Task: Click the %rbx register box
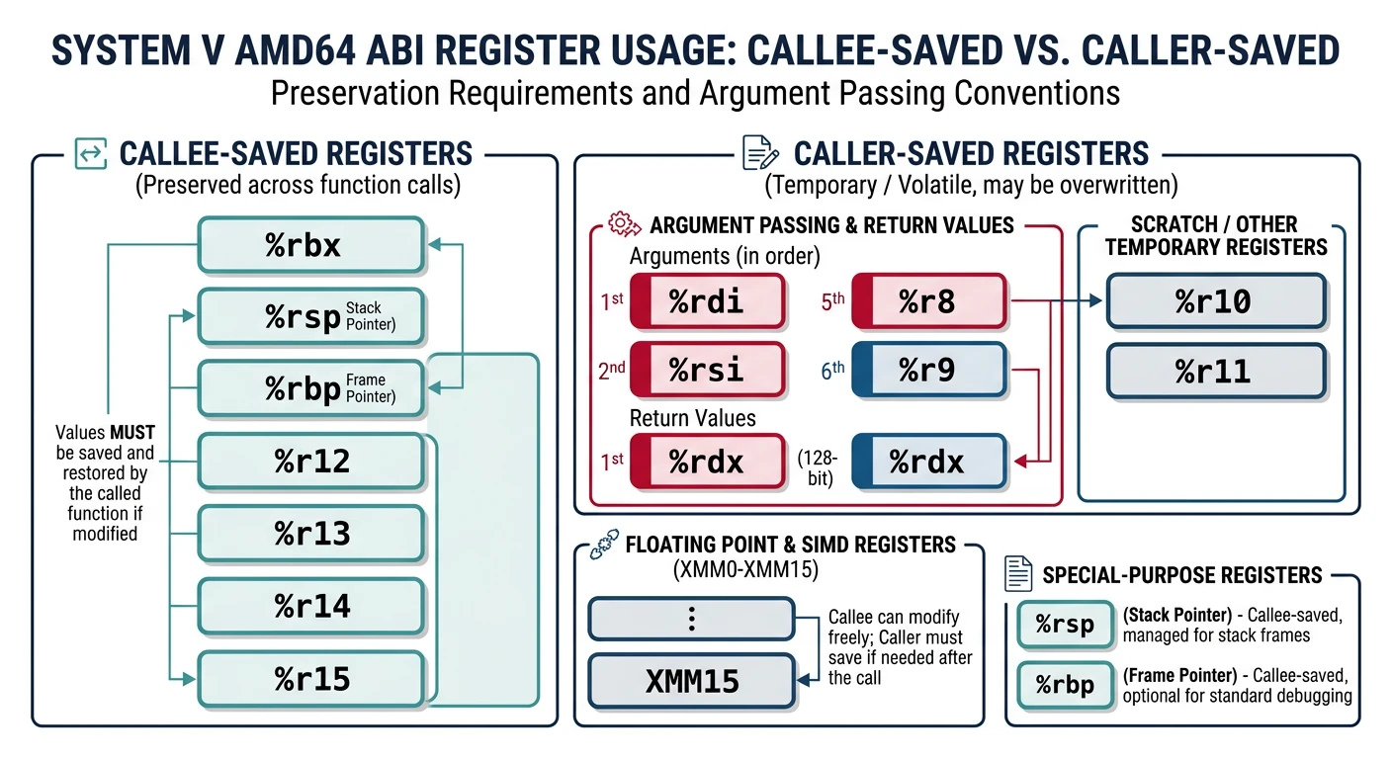point(311,245)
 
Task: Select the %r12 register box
point(311,461)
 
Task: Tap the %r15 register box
point(311,679)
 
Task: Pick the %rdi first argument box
point(706,301)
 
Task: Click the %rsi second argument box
point(706,371)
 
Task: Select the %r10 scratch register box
point(1215,301)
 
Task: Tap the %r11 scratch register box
point(1215,371)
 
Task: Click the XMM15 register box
point(691,681)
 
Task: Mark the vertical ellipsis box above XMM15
point(691,620)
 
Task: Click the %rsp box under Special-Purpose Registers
point(1065,625)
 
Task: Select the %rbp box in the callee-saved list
point(311,388)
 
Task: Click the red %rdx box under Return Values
point(706,462)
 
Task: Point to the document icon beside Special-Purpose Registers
point(1018,574)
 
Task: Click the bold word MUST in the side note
point(132,433)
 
